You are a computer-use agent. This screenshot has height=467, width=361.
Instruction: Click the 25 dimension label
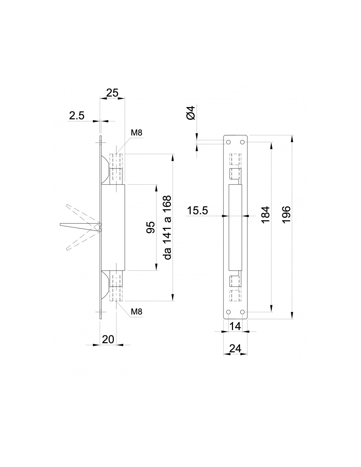point(112,93)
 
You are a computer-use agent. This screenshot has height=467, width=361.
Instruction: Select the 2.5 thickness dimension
point(77,116)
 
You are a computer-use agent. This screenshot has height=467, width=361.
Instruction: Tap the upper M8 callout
point(137,133)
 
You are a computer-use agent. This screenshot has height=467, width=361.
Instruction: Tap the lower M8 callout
point(137,312)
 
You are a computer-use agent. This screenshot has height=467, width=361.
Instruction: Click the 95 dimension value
point(150,227)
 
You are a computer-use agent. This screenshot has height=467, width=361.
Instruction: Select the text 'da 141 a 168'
point(167,227)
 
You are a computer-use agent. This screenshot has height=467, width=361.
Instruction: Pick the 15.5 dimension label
point(197,211)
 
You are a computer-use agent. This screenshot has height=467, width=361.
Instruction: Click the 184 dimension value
point(266,215)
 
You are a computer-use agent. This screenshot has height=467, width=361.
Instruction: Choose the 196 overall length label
point(287,215)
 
